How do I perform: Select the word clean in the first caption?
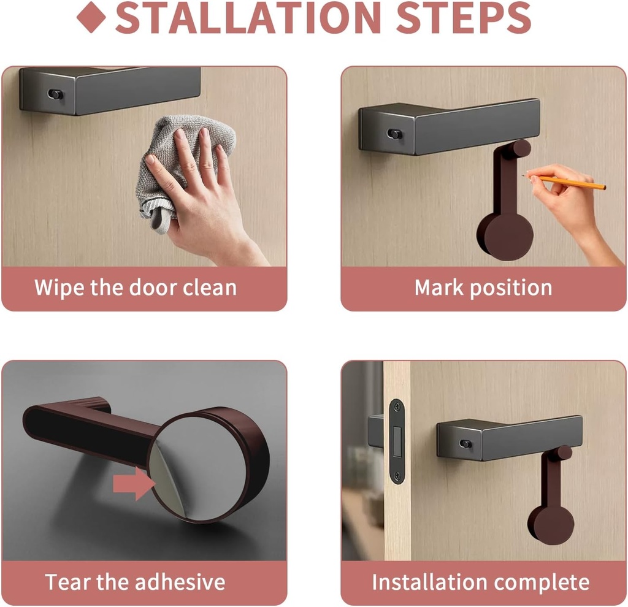(x=204, y=288)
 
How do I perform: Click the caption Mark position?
(x=483, y=288)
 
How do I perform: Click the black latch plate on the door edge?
(x=397, y=441)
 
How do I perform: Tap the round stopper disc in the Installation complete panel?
(x=550, y=524)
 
